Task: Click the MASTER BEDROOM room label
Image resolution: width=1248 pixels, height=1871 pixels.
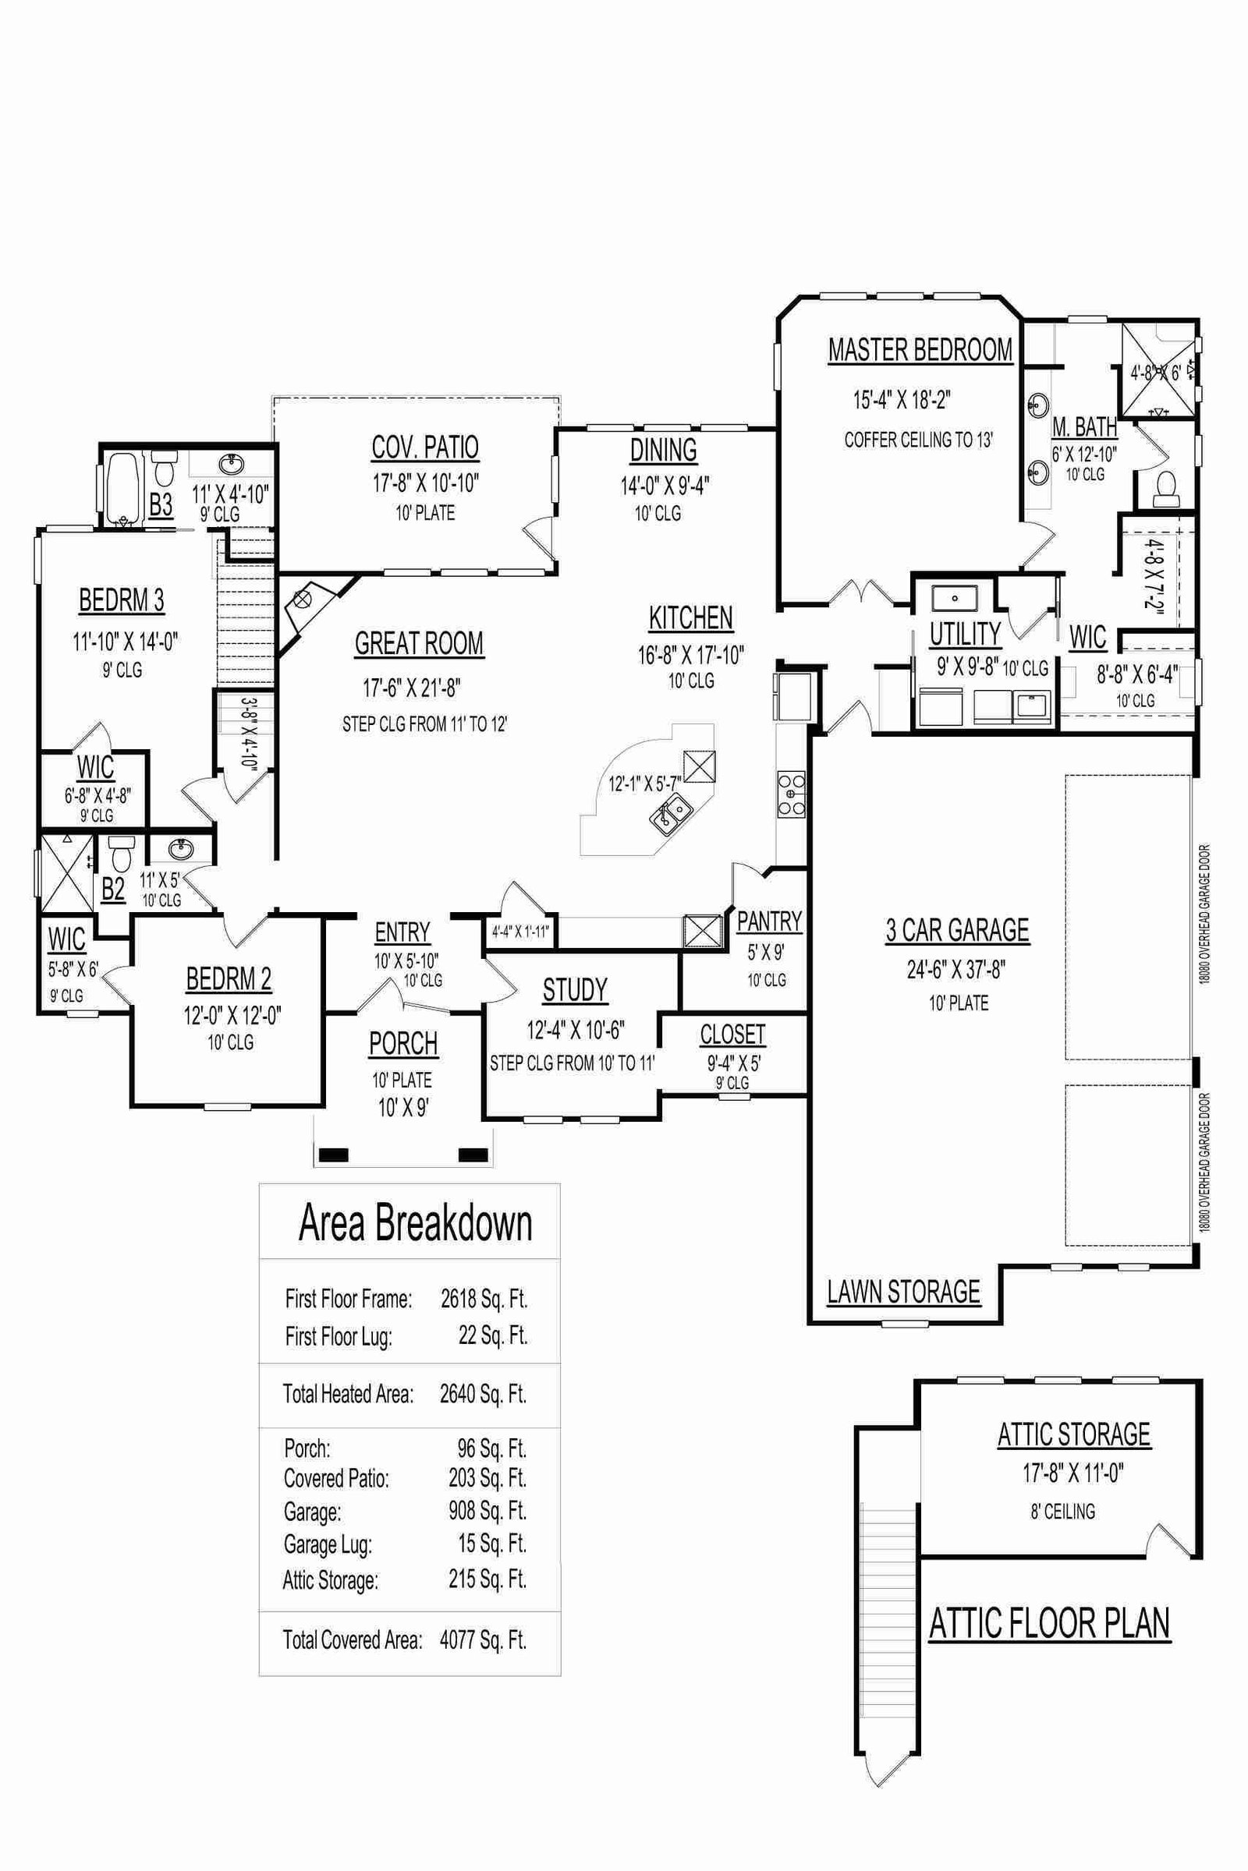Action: [920, 350]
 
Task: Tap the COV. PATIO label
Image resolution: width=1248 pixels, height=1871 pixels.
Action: [425, 447]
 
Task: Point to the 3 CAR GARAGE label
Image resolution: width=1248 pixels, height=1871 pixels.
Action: [958, 930]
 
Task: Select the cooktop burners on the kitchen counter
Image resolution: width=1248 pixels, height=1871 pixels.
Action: [790, 794]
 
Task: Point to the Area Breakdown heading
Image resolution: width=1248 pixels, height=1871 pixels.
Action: [415, 1224]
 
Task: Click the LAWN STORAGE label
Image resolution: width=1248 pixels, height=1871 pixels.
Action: [903, 1291]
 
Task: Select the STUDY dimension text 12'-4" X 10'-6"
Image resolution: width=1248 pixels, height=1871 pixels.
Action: [575, 1030]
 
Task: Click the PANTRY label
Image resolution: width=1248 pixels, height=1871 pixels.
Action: [769, 921]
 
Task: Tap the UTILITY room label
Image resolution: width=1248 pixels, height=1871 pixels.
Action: [966, 634]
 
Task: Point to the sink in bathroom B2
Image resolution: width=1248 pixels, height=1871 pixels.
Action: [181, 851]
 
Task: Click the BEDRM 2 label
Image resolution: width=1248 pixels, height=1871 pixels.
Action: [229, 979]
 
